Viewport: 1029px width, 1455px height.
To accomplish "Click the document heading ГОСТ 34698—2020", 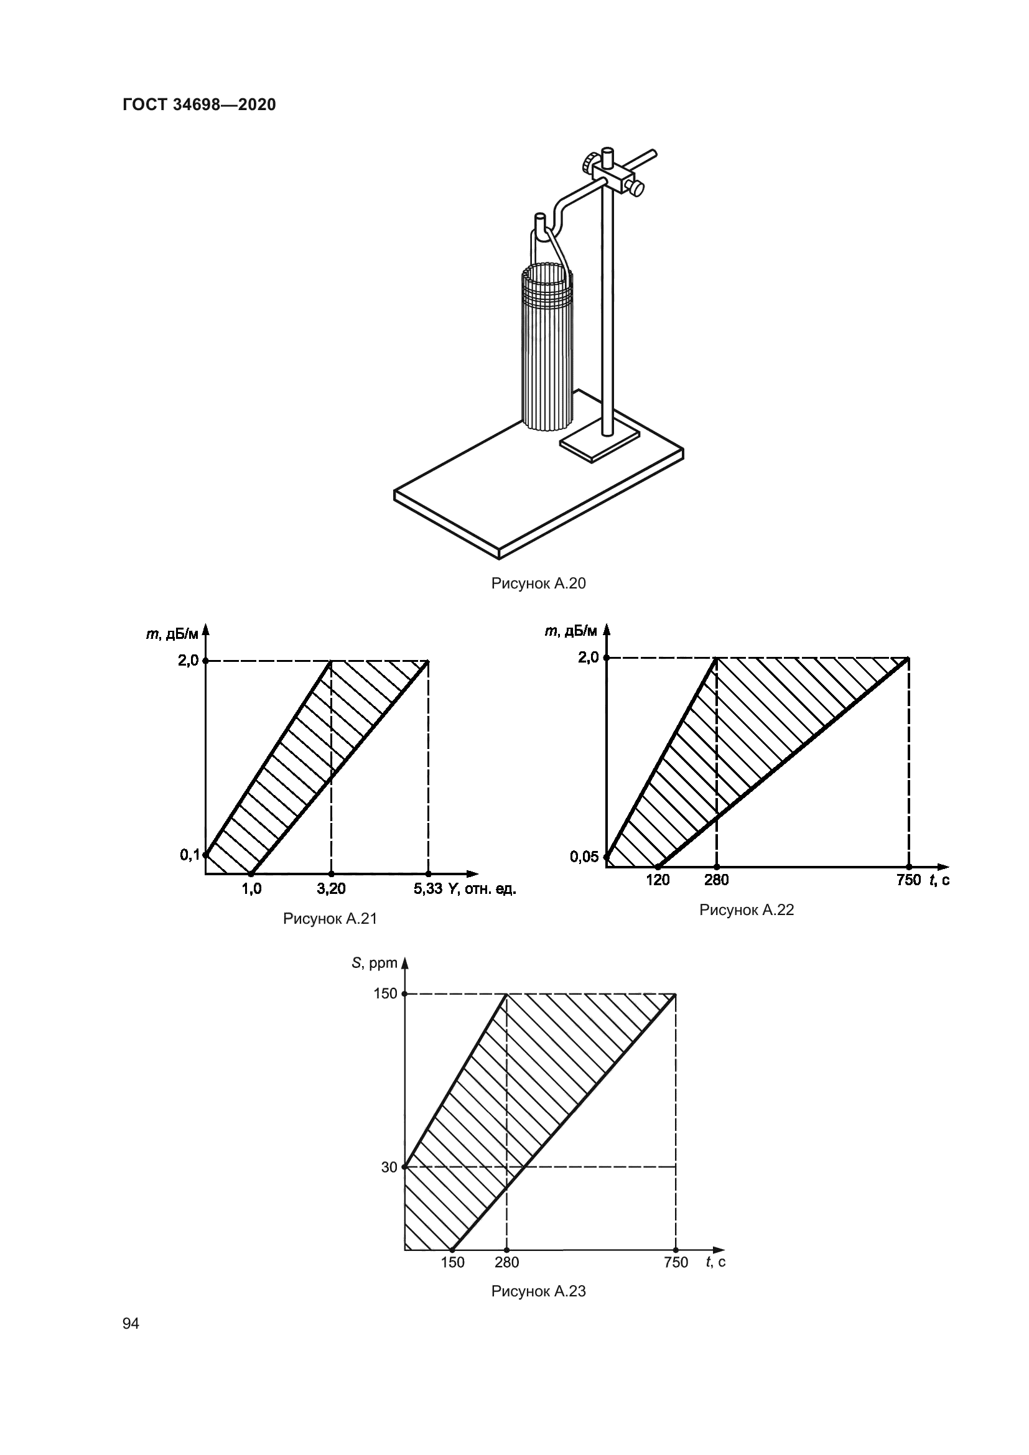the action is (199, 105).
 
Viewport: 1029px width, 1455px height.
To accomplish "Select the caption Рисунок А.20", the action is (539, 583).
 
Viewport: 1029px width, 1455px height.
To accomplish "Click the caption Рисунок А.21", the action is (330, 918).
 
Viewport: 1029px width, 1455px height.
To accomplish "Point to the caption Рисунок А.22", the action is (747, 910).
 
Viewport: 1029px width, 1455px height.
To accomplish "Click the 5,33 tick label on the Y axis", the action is (428, 889).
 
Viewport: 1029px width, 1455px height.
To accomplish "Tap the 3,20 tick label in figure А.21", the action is (332, 889).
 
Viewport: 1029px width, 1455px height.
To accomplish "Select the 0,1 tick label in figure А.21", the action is (190, 855).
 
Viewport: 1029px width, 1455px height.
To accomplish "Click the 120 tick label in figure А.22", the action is (658, 880).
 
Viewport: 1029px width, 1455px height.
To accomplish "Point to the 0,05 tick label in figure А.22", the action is (584, 857).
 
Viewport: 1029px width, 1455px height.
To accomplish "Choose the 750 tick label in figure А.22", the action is (908, 880).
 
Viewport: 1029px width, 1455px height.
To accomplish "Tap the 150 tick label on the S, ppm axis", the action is (385, 993).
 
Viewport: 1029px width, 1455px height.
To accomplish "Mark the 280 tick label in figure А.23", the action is (507, 1262).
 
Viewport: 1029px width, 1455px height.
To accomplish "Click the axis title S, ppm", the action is (375, 963).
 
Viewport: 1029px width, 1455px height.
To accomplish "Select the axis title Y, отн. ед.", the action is (482, 889).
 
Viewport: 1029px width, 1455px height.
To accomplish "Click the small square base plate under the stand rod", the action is (599, 442).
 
